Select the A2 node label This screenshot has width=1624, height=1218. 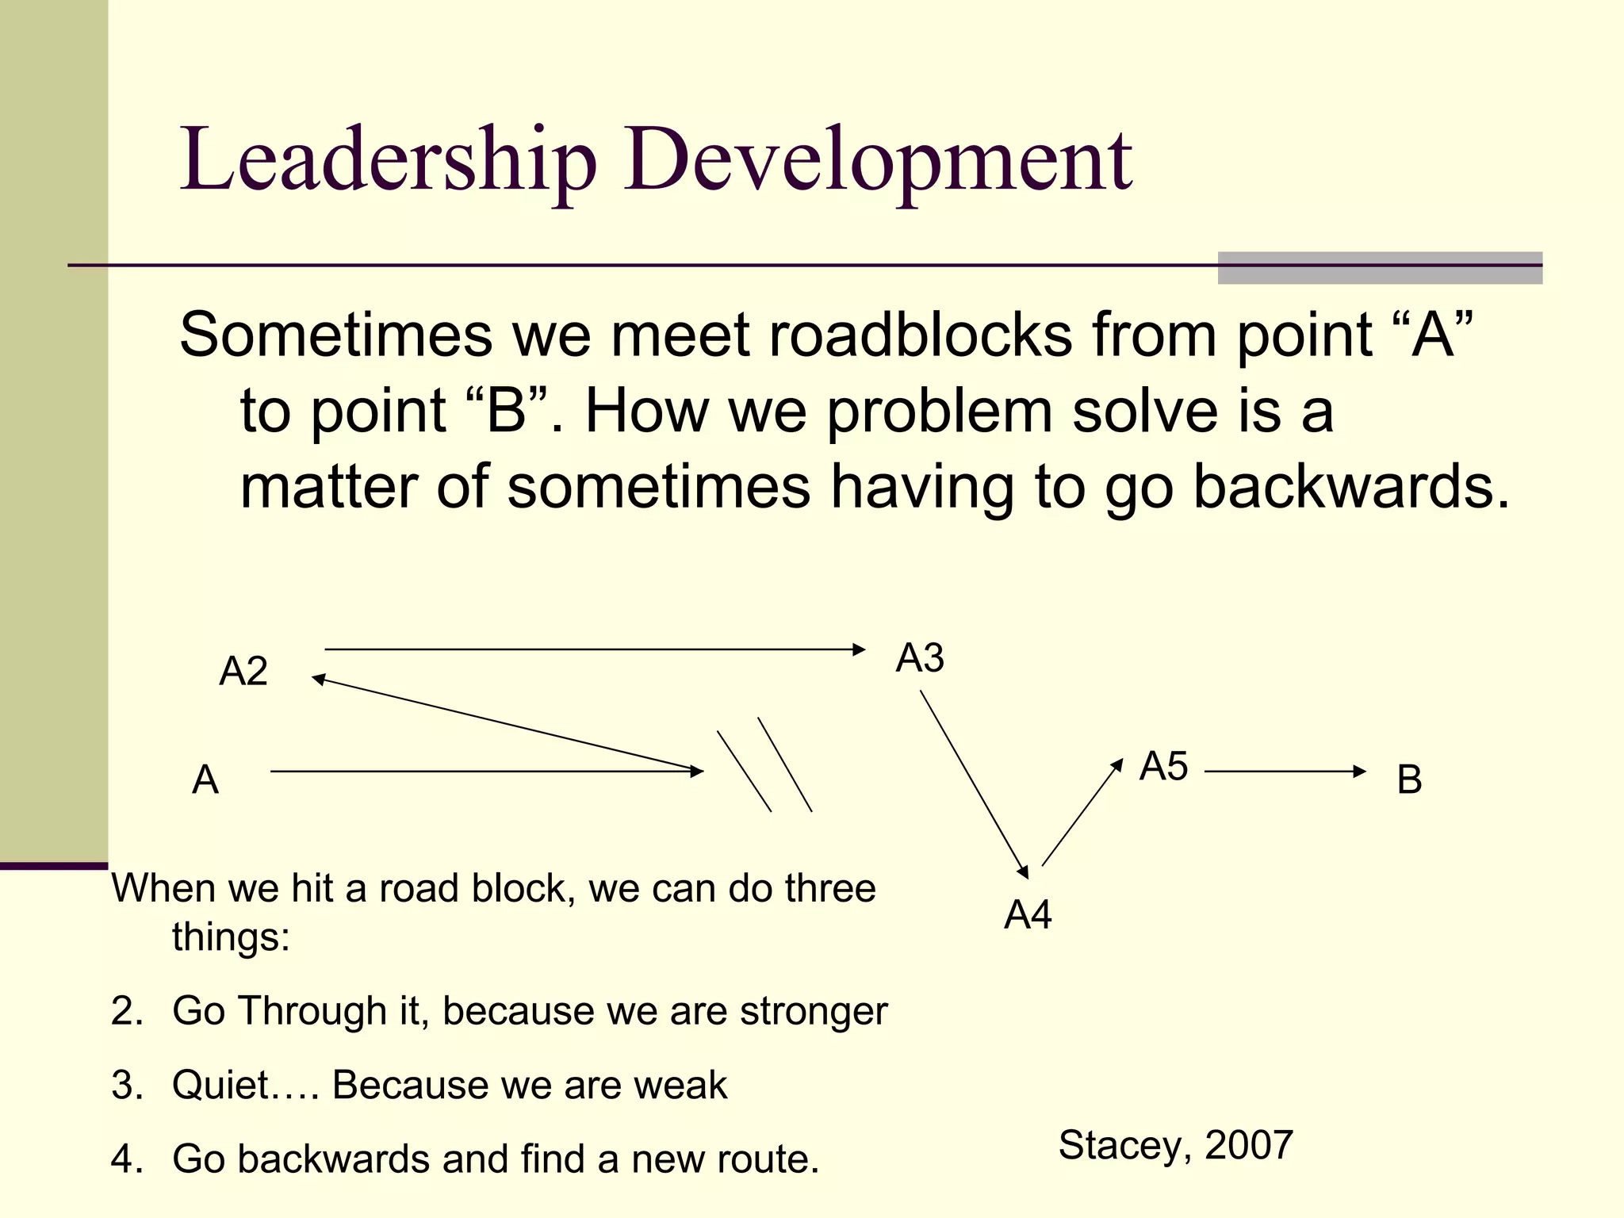point(243,672)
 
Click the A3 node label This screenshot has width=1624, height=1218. point(920,658)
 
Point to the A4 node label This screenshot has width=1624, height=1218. point(1028,915)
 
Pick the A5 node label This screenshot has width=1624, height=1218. point(1163,767)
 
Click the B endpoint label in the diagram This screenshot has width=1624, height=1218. point(1409,779)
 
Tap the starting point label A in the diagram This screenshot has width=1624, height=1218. point(205,779)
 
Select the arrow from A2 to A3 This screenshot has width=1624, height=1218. point(595,649)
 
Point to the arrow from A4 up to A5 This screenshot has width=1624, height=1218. point(1082,813)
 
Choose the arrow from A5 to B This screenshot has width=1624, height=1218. point(1285,771)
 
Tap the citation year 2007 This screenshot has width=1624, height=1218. point(1249,1145)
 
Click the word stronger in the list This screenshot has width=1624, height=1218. point(814,1012)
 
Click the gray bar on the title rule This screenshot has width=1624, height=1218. point(1380,268)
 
